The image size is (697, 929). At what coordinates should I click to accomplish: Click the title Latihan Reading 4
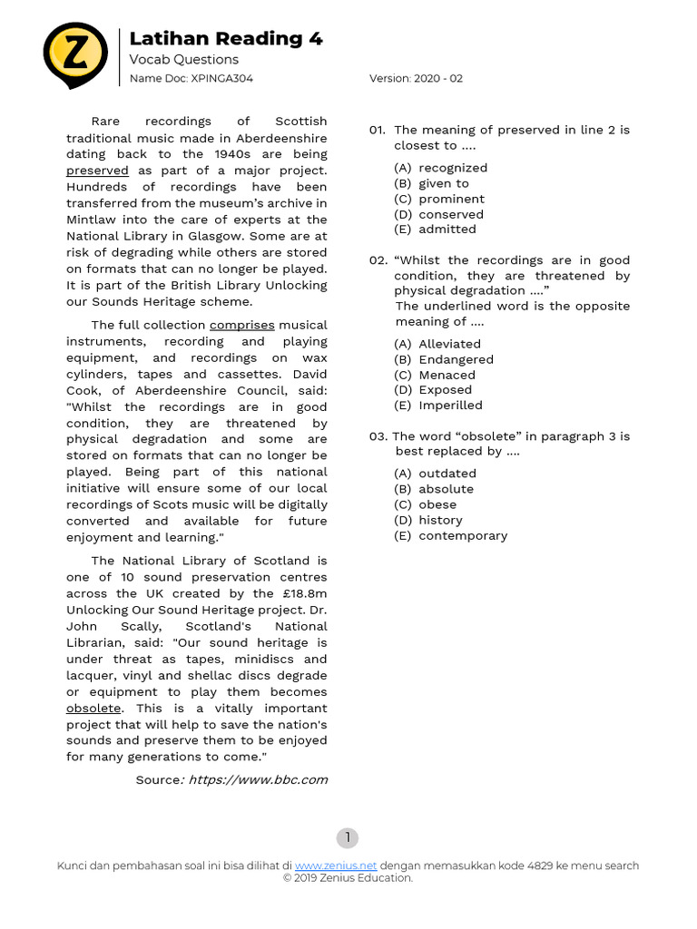(x=226, y=38)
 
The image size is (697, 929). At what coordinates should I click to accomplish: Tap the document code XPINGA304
(x=221, y=78)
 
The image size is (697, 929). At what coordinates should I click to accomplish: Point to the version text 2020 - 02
(x=438, y=78)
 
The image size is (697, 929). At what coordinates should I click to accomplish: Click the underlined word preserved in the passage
(x=97, y=171)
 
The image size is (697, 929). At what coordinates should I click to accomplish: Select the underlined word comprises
(x=241, y=325)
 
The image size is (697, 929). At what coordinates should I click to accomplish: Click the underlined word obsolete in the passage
(x=93, y=708)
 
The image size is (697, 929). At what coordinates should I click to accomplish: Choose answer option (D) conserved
(x=438, y=214)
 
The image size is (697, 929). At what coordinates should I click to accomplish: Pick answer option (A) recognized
(x=440, y=168)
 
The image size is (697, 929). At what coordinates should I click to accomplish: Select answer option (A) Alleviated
(x=437, y=344)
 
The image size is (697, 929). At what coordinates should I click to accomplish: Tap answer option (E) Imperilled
(x=438, y=406)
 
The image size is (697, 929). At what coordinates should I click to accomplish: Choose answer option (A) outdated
(x=435, y=474)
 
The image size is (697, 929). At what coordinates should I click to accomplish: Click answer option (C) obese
(x=426, y=504)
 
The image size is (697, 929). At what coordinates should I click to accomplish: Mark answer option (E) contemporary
(x=450, y=535)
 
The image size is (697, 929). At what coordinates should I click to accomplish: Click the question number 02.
(x=378, y=260)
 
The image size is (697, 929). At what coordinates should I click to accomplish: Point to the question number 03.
(x=378, y=436)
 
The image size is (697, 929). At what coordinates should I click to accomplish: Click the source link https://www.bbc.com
(x=258, y=779)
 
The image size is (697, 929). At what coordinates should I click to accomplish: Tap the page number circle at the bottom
(x=348, y=838)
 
